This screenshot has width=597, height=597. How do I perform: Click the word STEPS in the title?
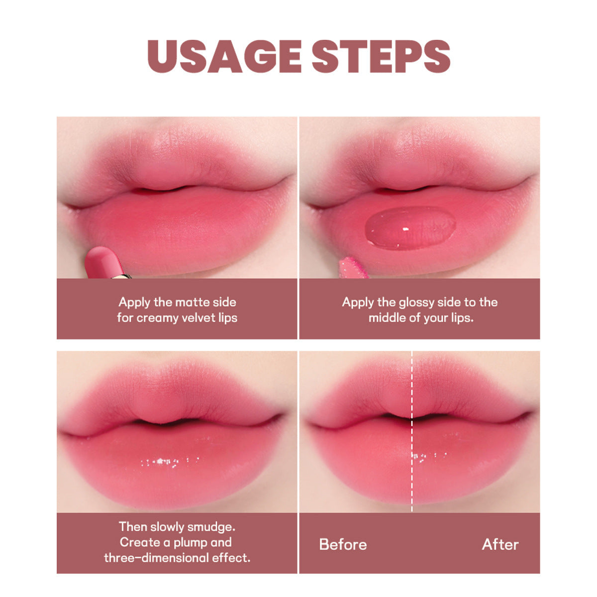coord(381,56)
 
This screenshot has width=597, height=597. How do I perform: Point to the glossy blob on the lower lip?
coord(410,228)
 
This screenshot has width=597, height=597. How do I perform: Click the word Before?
coord(343,544)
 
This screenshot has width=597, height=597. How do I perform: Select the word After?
coord(500,544)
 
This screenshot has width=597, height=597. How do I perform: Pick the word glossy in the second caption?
coord(417,302)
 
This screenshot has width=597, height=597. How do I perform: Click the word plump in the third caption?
coord(190,543)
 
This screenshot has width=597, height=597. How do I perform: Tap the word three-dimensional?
coord(156,558)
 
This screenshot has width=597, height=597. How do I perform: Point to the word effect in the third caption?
coord(231,558)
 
